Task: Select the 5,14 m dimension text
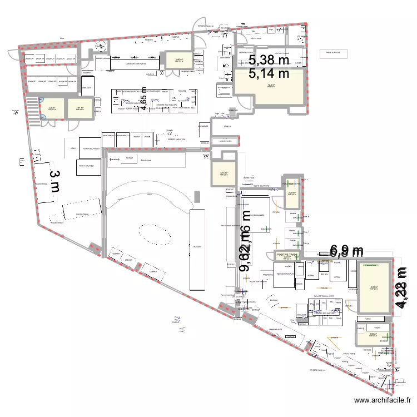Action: pos(269,73)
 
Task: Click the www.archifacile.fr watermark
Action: pos(383,400)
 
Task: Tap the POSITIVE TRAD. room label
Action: pos(286,254)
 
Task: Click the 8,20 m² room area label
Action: pos(374,287)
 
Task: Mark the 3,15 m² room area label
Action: pos(224,173)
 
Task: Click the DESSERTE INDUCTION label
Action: pos(176,140)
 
